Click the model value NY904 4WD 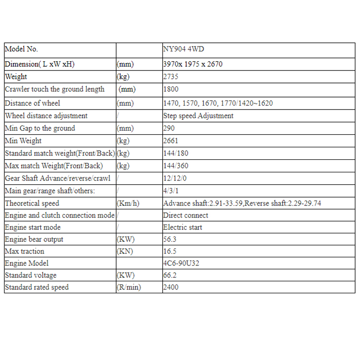187,49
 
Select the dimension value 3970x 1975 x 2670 193,64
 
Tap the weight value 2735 171,77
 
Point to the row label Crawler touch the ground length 54,89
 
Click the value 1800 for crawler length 171,89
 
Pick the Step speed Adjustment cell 198,116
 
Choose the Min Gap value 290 169,128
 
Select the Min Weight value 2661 171,141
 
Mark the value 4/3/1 169,191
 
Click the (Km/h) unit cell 128,204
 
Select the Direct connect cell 186,216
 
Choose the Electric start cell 183,228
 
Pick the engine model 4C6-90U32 181,264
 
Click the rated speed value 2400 171,288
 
